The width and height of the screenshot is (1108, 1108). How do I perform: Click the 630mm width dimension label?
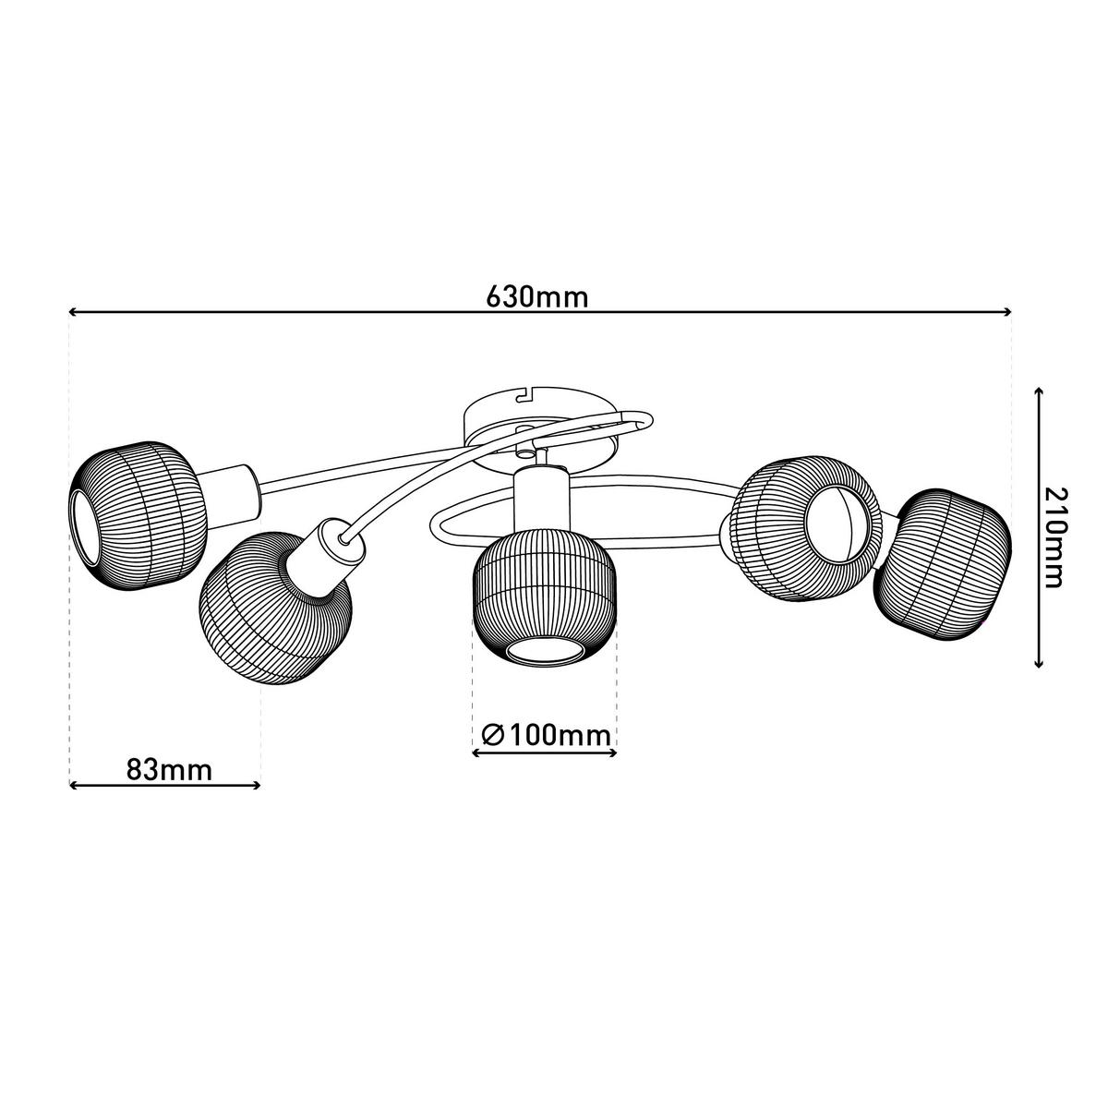[536, 297]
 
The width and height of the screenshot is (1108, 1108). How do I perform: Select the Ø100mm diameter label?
[546, 735]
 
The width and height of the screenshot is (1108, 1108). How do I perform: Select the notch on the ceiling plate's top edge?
[526, 395]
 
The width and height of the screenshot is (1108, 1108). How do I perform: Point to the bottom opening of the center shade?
[544, 651]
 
